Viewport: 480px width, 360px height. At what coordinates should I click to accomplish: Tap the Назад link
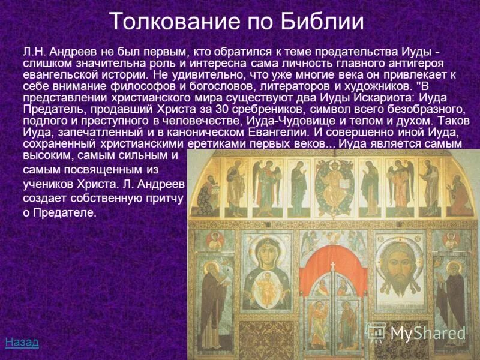click(22, 343)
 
